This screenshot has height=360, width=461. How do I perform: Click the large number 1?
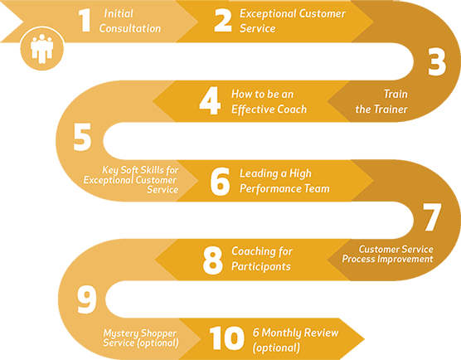pos(85,20)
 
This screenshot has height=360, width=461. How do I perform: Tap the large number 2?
pos(223,20)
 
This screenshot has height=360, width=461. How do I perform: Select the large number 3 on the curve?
pos(437,62)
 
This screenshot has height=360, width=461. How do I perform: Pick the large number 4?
pos(210,101)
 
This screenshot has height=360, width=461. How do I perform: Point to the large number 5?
pos(82,137)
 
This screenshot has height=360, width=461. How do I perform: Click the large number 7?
pos(432,216)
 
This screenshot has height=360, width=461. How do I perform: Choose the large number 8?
pos(212,260)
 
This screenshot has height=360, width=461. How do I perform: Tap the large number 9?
pos(86,299)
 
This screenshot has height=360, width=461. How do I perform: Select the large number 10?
pos(226,338)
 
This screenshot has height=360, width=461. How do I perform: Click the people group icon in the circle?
pos(42,49)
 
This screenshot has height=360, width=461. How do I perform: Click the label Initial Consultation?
pos(130,21)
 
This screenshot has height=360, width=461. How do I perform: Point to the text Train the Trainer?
pos(381,101)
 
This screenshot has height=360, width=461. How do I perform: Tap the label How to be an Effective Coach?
pos(269,101)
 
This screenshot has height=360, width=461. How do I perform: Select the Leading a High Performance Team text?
pos(284,181)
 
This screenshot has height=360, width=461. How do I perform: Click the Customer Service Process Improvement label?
pos(387,254)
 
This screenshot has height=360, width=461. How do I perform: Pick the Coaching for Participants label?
pos(262,259)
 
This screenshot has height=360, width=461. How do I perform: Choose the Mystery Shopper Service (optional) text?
pos(140,338)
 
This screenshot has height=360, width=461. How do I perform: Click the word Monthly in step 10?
pos(281,333)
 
